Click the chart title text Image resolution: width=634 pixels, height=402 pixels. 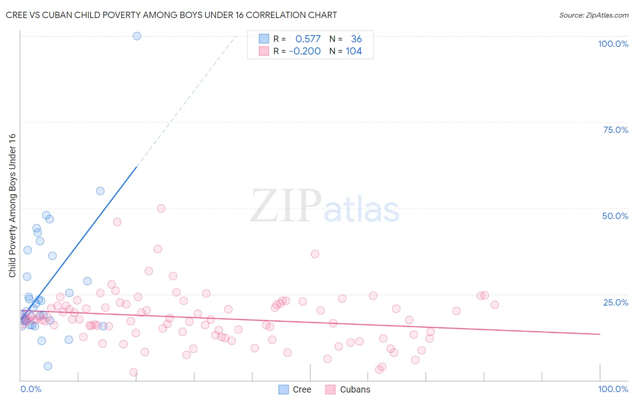(171, 15)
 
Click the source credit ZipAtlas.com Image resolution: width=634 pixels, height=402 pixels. (593, 15)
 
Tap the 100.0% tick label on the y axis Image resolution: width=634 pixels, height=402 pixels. (613, 44)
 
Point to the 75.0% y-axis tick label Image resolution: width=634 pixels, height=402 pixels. (616, 130)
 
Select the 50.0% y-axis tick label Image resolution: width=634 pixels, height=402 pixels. (615, 216)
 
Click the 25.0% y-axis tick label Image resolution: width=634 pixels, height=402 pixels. (616, 302)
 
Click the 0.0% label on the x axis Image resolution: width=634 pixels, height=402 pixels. (31, 389)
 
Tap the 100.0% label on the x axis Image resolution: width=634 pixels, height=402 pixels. (613, 389)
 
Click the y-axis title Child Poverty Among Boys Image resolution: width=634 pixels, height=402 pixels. (12, 205)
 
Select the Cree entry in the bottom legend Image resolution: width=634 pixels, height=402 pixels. (302, 389)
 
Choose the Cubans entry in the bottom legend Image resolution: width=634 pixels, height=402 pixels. (355, 389)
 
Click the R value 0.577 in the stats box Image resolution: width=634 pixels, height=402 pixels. (308, 39)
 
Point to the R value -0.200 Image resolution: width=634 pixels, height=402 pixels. (305, 51)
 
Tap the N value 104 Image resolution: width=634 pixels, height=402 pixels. (354, 51)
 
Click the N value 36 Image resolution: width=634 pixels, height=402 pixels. (356, 39)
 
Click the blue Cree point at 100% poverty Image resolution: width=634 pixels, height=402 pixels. (137, 36)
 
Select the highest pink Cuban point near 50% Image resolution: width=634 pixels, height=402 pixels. (161, 208)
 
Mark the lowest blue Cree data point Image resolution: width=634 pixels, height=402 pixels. (48, 366)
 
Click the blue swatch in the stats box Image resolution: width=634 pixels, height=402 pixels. (264, 39)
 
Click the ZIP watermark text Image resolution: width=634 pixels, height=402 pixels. (286, 206)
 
